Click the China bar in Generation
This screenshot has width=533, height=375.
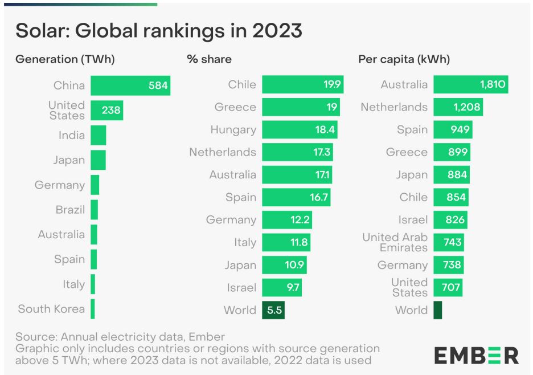pos(130,85)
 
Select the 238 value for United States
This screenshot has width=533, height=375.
pos(111,111)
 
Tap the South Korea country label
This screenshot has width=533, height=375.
pos(51,309)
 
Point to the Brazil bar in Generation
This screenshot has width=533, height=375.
pos(94,210)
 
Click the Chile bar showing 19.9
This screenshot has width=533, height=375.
pos(302,85)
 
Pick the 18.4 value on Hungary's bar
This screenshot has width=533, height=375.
pos(326,130)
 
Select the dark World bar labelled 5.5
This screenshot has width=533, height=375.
pos(273,311)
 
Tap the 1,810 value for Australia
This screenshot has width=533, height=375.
pos(491,85)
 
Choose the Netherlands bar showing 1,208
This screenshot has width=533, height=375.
pos(458,107)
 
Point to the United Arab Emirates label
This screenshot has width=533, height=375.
pos(395,242)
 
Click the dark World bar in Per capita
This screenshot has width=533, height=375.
pos(437,311)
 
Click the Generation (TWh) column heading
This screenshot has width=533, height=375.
pos(69,59)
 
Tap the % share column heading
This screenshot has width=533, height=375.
pos(209,59)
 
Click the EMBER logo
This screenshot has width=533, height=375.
pos(477,354)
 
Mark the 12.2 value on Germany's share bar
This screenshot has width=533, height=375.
pos(300,220)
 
